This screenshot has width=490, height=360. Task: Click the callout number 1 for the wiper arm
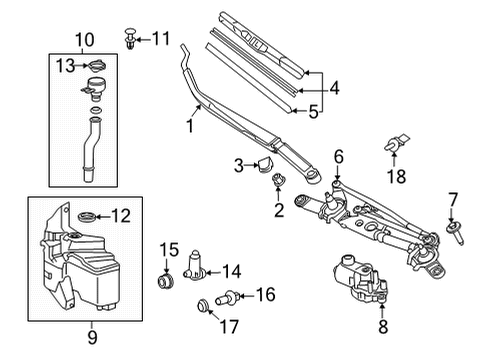186,127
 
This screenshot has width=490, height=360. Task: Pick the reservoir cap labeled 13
96,67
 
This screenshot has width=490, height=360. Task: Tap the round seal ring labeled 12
87,216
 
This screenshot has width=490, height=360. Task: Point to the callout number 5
314,113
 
